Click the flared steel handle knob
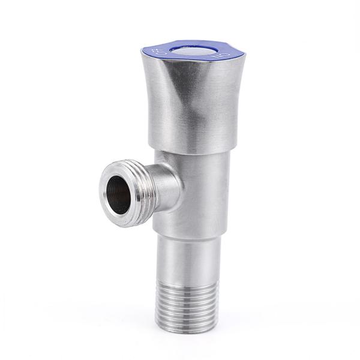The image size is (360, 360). [192, 102]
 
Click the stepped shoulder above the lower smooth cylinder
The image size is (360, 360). [192, 236]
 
